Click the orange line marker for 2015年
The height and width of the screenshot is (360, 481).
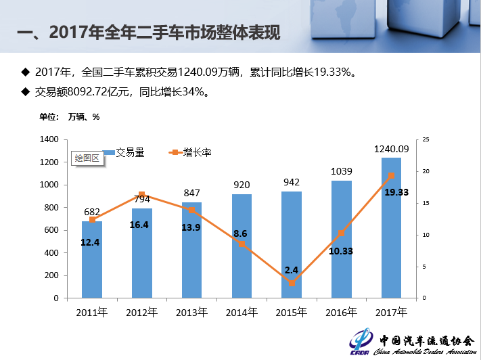292,283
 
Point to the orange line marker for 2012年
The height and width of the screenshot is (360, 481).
142,195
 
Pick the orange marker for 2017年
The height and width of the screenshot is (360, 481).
391,176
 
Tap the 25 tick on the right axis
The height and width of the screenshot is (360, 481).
425,139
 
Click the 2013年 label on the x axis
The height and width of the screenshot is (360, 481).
191,312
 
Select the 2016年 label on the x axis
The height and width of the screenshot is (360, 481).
341,312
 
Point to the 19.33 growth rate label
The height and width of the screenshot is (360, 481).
396,192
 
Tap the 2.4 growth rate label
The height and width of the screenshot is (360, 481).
292,269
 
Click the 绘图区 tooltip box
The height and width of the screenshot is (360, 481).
87,158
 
